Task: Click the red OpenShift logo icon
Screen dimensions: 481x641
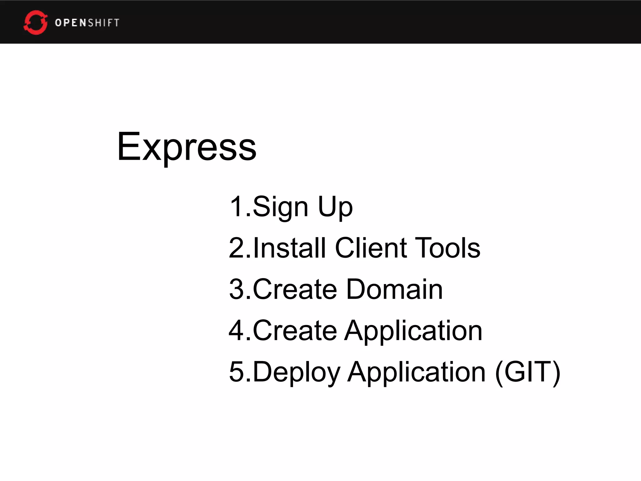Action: click(35, 23)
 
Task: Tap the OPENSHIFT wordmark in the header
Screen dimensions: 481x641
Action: click(87, 23)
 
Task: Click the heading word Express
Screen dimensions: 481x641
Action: click(187, 147)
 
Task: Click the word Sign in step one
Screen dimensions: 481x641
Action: click(280, 207)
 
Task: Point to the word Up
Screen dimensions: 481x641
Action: click(335, 207)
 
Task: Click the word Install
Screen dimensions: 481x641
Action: click(290, 248)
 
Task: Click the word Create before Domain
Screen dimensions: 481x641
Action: click(295, 289)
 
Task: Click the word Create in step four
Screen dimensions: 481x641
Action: click(295, 330)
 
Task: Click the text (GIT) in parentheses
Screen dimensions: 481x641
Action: click(528, 372)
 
